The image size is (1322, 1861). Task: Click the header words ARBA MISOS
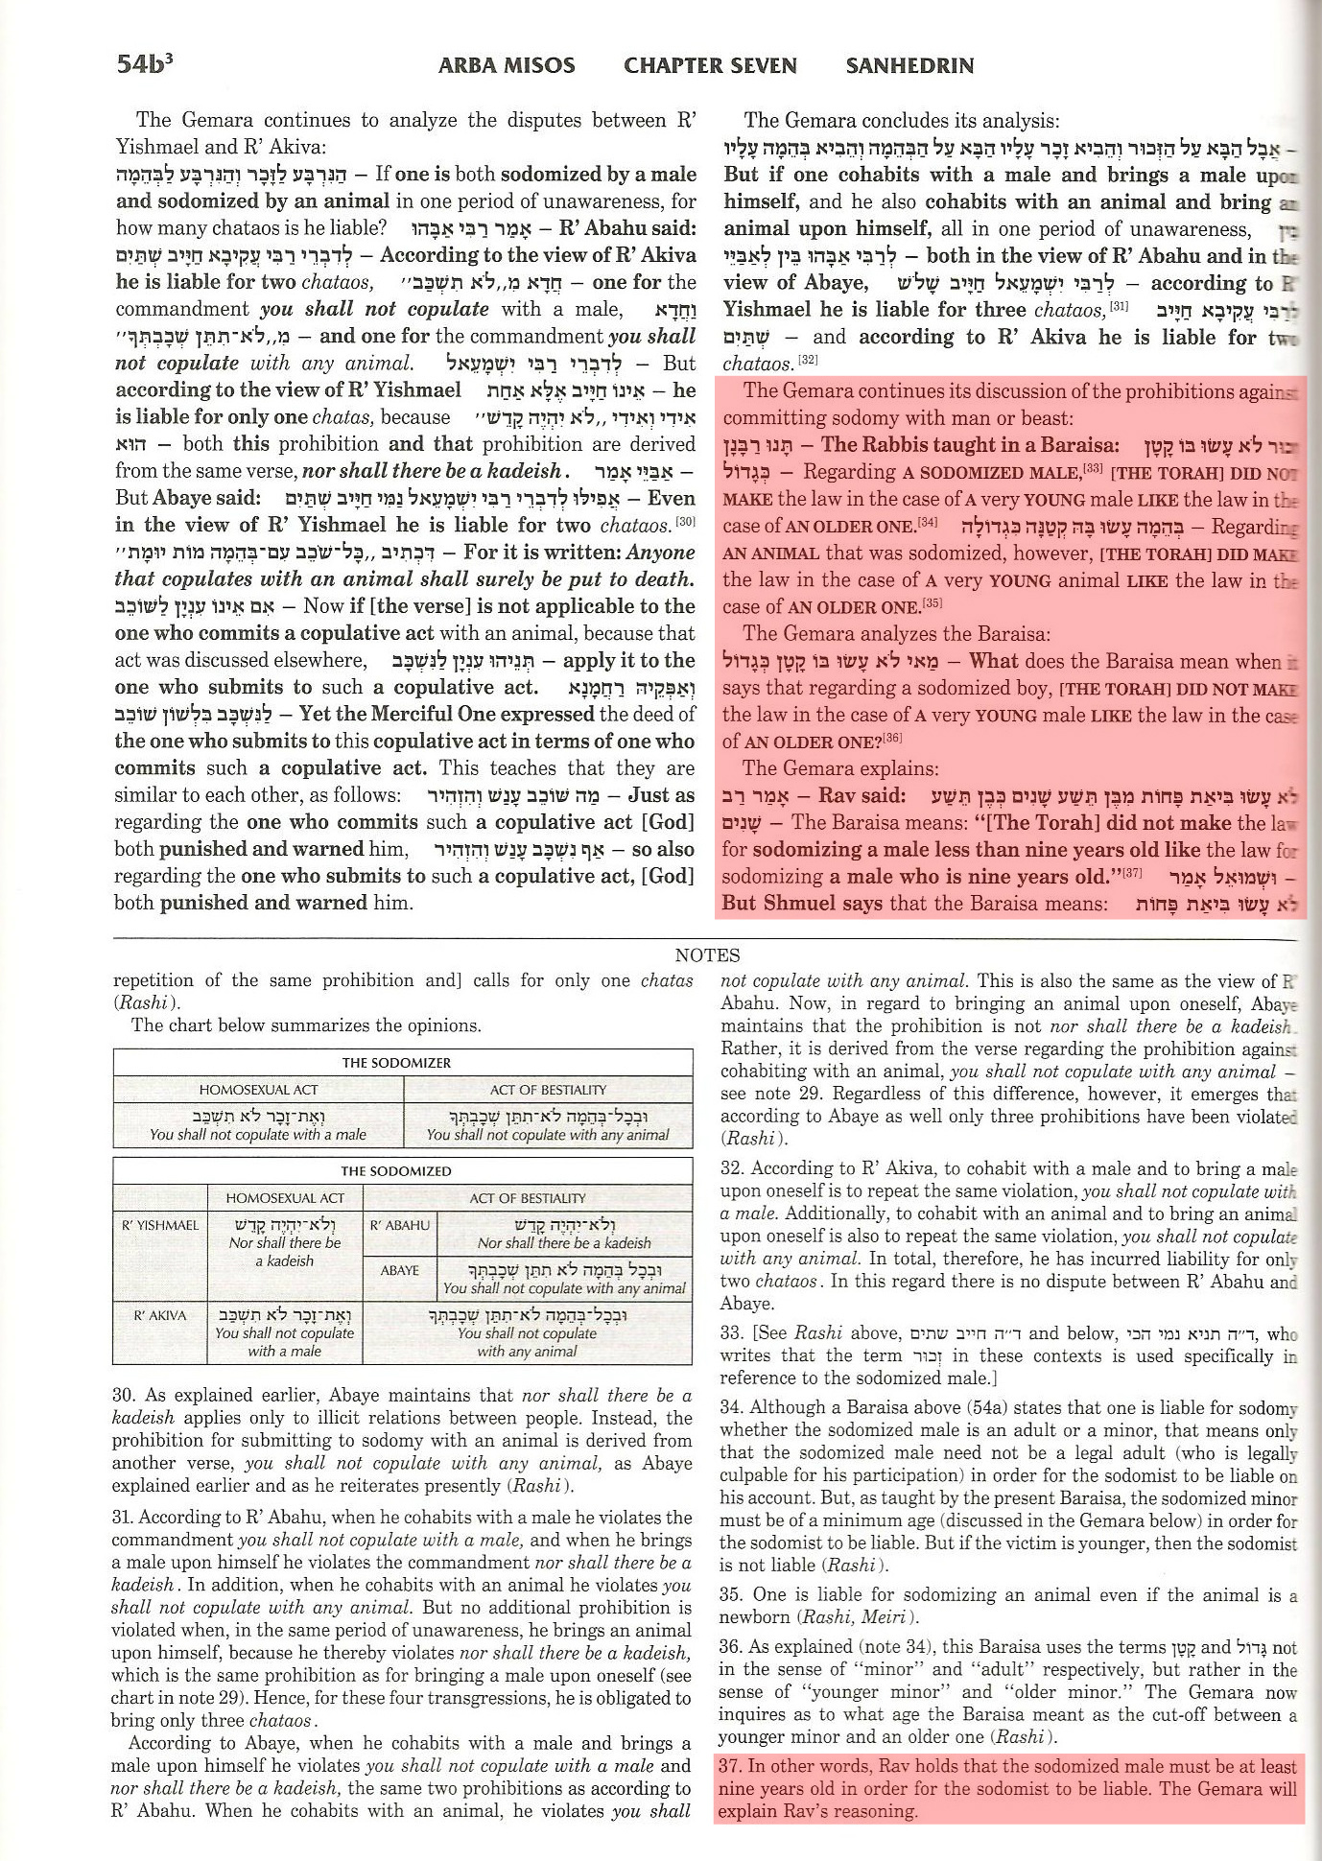[x=507, y=65]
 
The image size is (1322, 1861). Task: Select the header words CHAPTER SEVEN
[x=710, y=65]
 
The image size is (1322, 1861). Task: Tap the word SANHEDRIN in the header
[x=909, y=65]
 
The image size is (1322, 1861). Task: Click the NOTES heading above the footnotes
[x=707, y=954]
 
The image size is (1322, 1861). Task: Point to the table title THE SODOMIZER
[x=396, y=1063]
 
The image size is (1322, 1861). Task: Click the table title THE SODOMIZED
[x=396, y=1171]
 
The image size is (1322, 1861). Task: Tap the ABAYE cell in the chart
[x=399, y=1270]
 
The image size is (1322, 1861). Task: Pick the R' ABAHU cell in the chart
[x=399, y=1225]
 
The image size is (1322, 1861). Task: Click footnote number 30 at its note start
[x=123, y=1396]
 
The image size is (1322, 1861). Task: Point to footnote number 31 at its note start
[x=123, y=1517]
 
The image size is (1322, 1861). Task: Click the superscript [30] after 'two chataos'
[x=685, y=521]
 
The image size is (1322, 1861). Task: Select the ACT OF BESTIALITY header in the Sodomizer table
[x=548, y=1090]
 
